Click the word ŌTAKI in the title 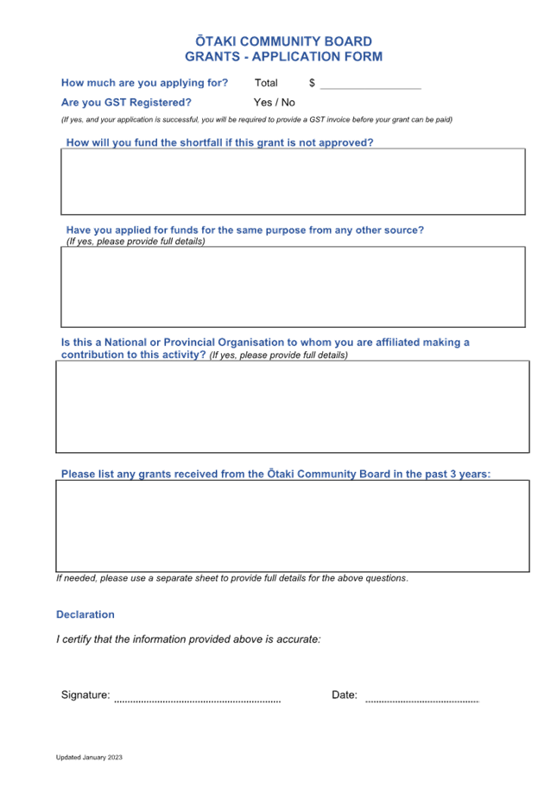216,41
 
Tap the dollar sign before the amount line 312,83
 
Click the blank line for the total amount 370,88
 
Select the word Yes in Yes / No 263,103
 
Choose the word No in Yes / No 288,103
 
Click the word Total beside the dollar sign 266,83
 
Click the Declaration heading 85,614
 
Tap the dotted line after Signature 198,702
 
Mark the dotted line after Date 422,702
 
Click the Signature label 85,696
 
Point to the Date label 345,696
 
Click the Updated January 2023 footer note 90,758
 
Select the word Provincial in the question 189,343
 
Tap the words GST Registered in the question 148,103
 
